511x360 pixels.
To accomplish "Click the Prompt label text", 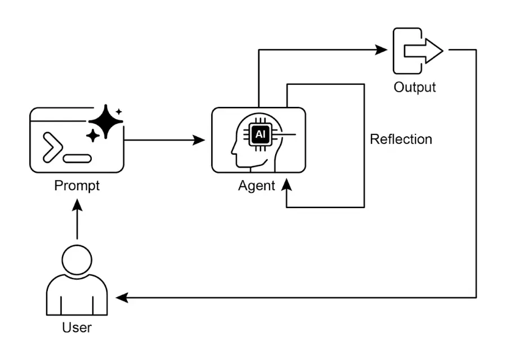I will pyautogui.click(x=77, y=185).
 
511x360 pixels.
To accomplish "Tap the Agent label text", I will pyautogui.click(x=257, y=185).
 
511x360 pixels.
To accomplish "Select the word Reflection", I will pyautogui.click(x=401, y=139).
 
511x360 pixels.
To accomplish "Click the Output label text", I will pyautogui.click(x=415, y=87).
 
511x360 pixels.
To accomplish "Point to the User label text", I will pyautogui.click(x=77, y=327).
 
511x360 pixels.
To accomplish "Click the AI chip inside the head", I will pyautogui.click(x=260, y=135).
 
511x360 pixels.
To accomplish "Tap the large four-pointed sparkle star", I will pyautogui.click(x=105, y=121).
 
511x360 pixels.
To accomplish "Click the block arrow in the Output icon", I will pyautogui.click(x=424, y=52).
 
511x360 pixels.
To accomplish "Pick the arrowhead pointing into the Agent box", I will pyautogui.click(x=199, y=139).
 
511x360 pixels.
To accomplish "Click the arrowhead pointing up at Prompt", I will pyautogui.click(x=78, y=203).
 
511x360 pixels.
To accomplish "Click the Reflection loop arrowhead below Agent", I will pyautogui.click(x=287, y=186).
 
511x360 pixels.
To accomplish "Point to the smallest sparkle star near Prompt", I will pyautogui.click(x=119, y=111).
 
